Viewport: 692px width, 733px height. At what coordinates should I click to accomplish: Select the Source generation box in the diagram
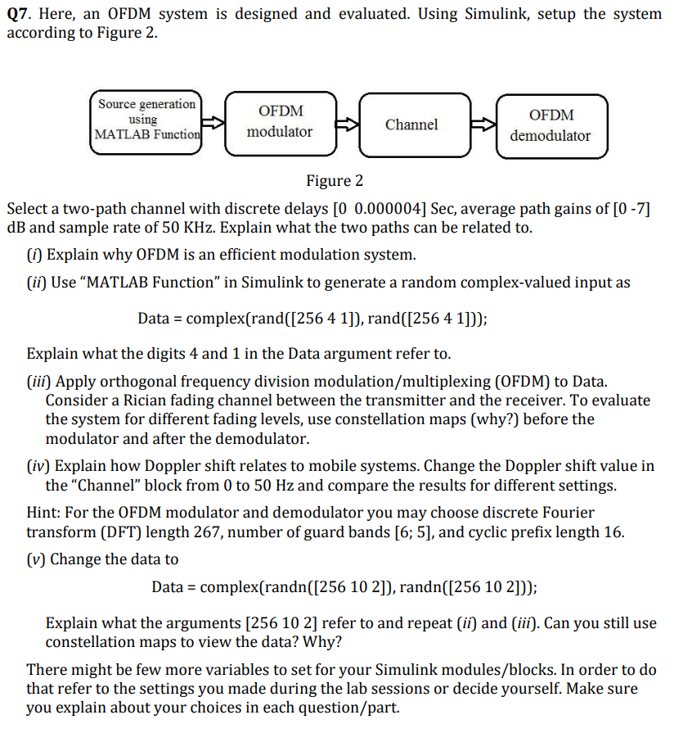pos(146,120)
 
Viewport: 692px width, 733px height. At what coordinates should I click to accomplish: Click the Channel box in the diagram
pos(411,124)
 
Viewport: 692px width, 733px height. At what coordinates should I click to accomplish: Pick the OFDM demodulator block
pos(550,125)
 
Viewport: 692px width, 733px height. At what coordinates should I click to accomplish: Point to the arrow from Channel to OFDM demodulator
pos(485,125)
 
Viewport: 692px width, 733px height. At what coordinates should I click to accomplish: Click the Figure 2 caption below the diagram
pos(335,180)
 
